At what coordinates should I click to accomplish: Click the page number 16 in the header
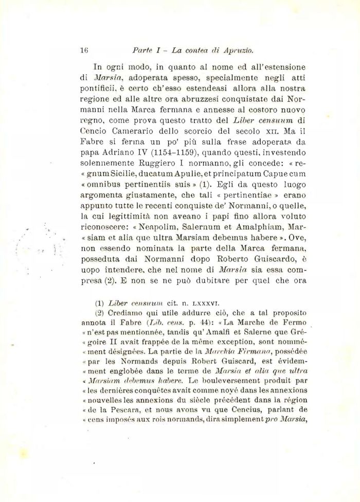(x=85, y=50)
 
